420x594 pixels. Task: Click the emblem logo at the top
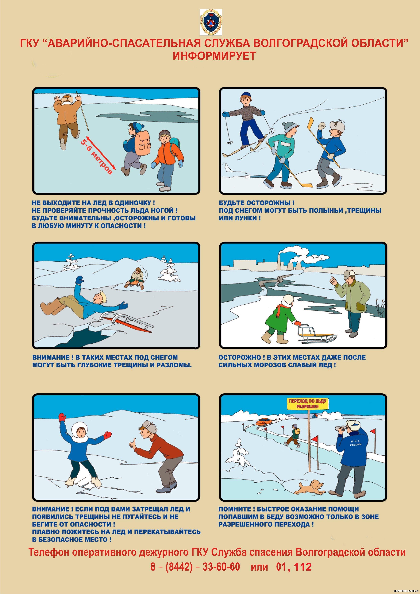(x=211, y=22)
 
